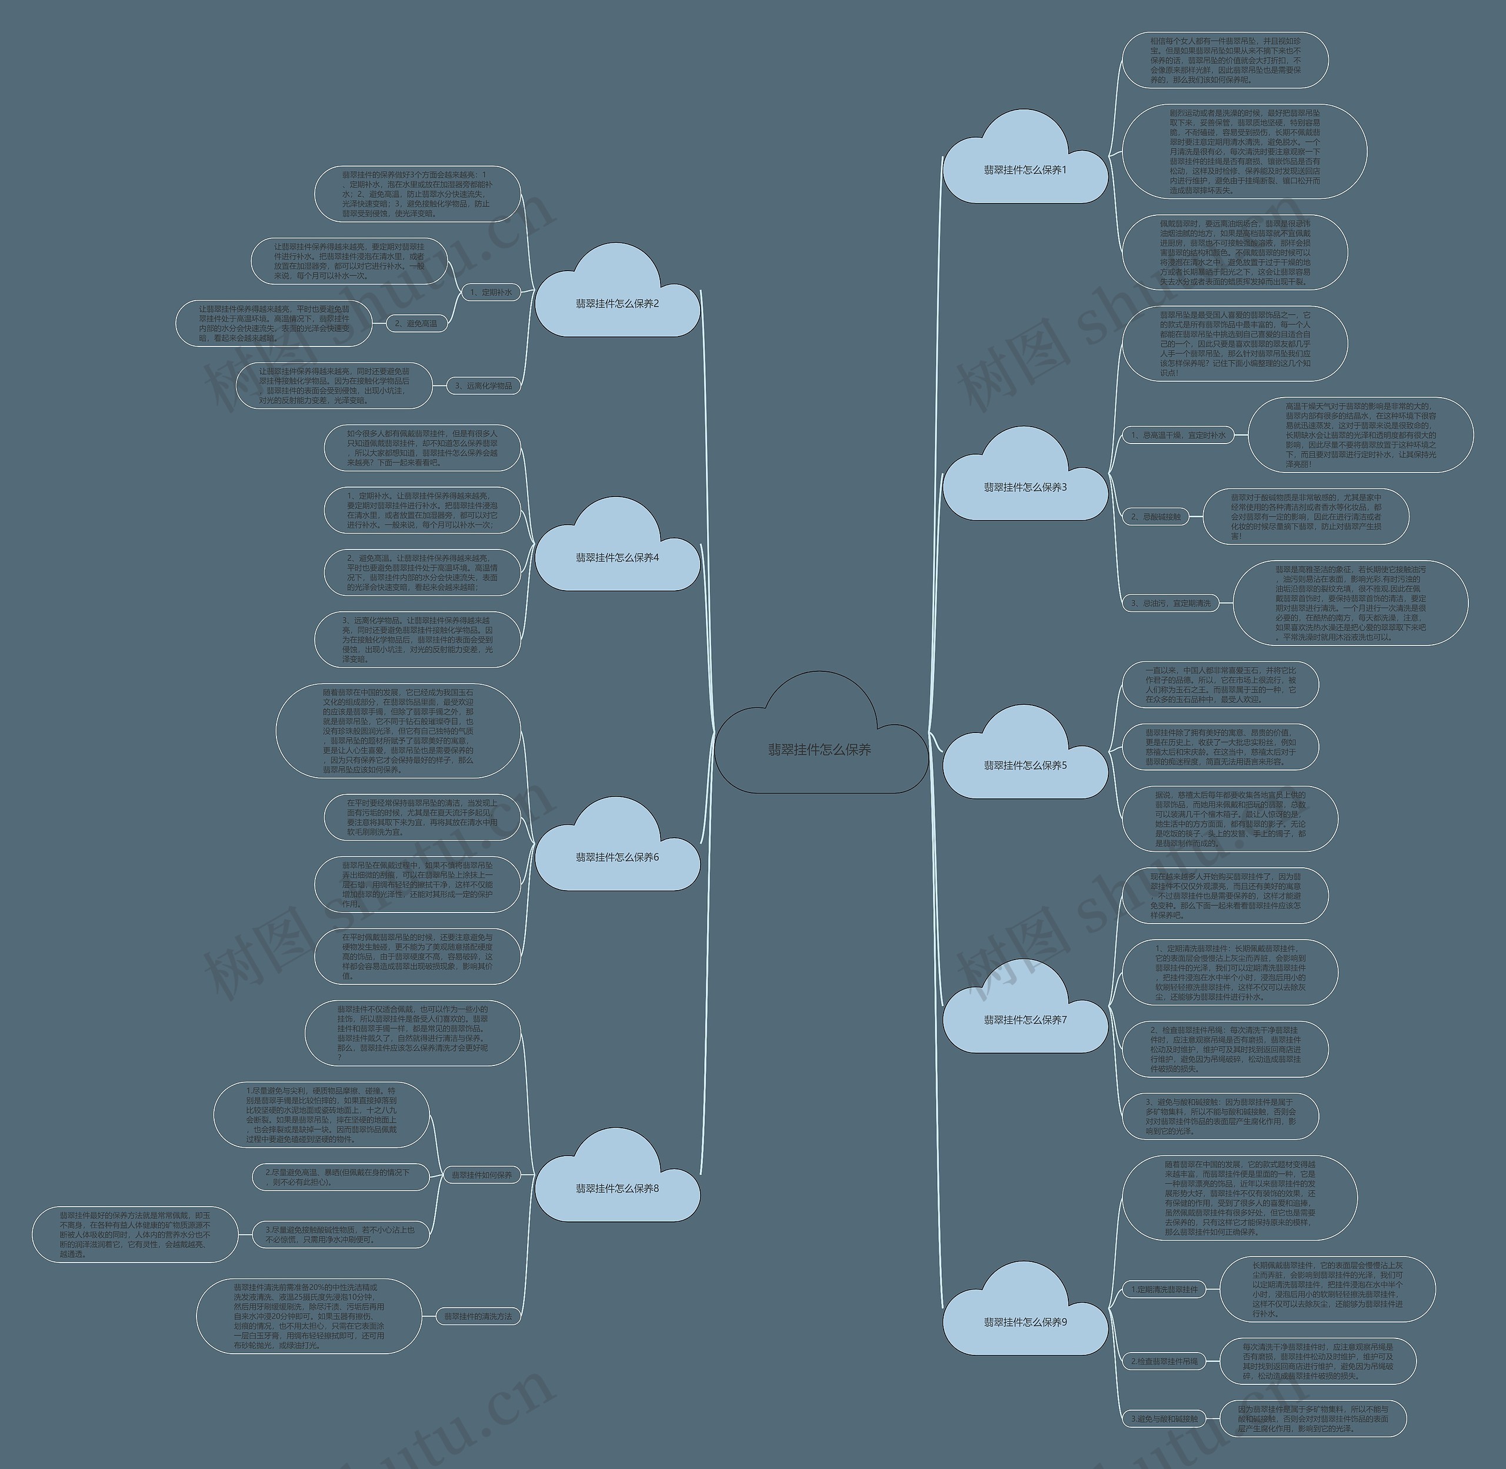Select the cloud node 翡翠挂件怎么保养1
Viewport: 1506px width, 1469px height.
(1025, 170)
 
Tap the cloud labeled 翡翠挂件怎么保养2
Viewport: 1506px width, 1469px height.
(617, 303)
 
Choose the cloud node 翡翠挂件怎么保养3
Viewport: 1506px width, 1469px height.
(1025, 487)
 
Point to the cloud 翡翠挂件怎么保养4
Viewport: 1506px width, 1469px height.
(617, 557)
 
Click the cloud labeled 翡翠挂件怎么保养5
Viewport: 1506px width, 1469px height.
(1025, 765)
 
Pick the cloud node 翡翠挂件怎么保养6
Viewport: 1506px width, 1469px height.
(617, 857)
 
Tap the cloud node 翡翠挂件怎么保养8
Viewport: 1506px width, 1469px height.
(617, 1188)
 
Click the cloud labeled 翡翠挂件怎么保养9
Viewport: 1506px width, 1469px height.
(1025, 1322)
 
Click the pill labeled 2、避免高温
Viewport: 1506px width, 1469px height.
(415, 323)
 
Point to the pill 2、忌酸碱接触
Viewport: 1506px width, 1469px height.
(1156, 517)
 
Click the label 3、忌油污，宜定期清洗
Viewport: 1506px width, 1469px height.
(1171, 604)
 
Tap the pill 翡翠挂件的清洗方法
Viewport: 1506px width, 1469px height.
(478, 1316)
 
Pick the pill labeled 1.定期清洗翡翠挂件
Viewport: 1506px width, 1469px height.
(1164, 1289)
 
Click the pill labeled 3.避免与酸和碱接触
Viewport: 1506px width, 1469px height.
(1164, 1418)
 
